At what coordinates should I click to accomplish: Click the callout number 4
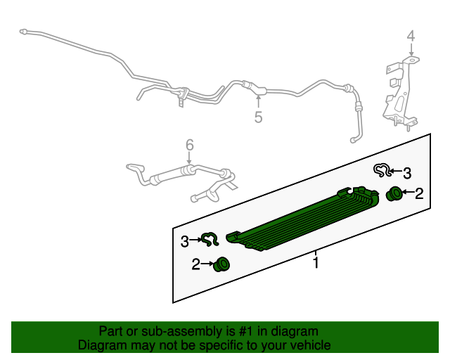(411, 37)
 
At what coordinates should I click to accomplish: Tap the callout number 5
(258, 117)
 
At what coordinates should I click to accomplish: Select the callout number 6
(190, 146)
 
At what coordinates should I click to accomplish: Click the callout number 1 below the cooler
(316, 263)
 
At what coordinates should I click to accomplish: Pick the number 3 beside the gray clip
(407, 174)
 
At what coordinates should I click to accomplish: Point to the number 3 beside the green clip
(185, 241)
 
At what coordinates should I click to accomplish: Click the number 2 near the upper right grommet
(419, 194)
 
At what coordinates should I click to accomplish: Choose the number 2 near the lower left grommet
(195, 264)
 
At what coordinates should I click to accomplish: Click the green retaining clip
(210, 240)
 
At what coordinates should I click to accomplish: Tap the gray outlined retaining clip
(382, 170)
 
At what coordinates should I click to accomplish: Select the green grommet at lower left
(222, 264)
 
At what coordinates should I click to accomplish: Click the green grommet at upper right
(394, 194)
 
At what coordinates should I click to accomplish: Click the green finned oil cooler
(303, 219)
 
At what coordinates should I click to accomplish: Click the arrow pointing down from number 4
(411, 49)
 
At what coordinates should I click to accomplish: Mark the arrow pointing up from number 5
(258, 102)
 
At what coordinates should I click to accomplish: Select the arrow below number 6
(189, 158)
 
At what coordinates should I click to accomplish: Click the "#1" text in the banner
(247, 331)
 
